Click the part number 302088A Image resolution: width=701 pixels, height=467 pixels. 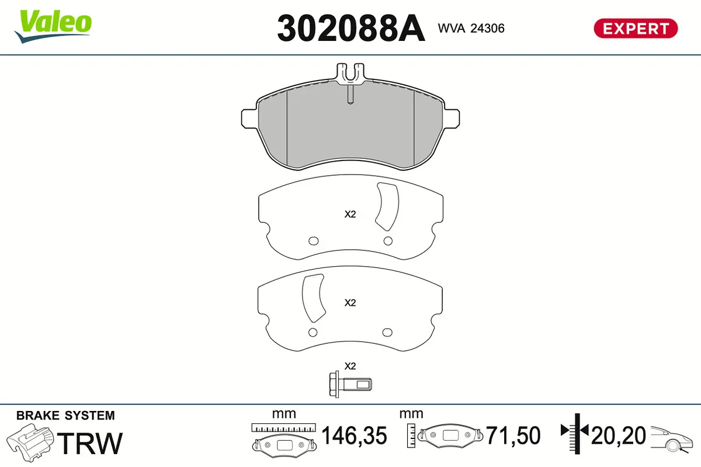pos(350,28)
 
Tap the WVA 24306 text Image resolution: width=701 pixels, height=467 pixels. pos(471,28)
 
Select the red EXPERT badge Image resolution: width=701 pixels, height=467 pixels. pos(636,28)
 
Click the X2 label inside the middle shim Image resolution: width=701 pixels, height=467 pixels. pos(350,214)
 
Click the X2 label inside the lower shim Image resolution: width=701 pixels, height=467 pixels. pos(350,303)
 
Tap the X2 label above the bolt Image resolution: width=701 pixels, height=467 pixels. pos(350,366)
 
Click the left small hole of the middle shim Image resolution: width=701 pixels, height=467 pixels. pos(313,241)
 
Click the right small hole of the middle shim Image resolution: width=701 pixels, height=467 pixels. pos(387,241)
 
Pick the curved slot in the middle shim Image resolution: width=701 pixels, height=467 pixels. pos(387,205)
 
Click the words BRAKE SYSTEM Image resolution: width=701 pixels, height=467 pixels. pos(65,416)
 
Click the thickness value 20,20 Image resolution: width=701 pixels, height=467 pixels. pos(618,435)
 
